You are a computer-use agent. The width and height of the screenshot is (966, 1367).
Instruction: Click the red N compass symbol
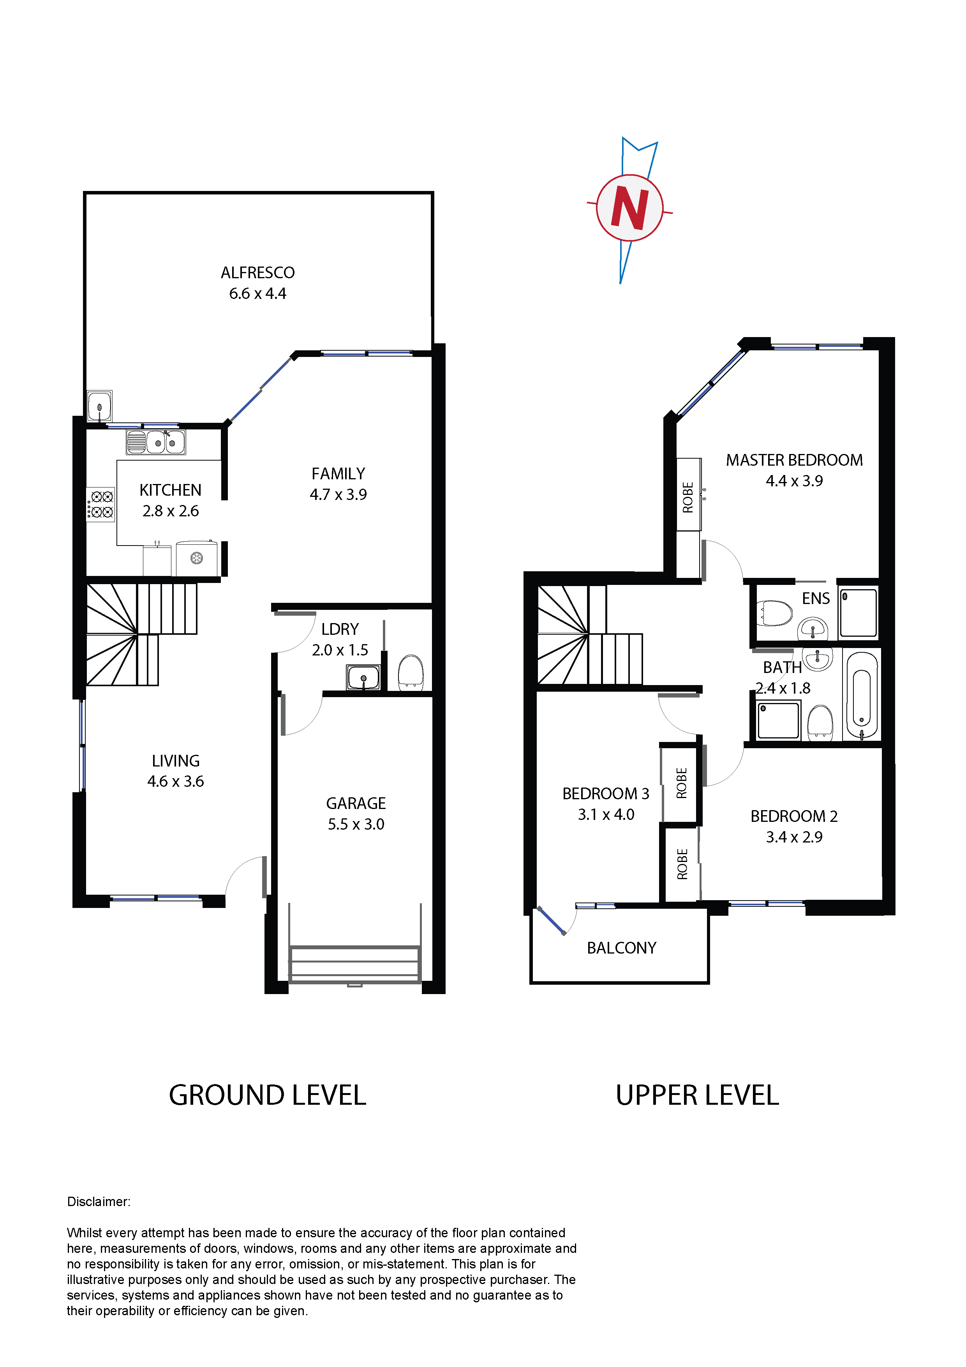click(x=630, y=208)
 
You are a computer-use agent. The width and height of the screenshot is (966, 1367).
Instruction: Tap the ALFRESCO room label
click(x=258, y=273)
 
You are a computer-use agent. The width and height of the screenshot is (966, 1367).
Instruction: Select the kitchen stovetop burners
click(x=100, y=504)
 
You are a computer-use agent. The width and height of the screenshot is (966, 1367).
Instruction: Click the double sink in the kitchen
click(x=156, y=442)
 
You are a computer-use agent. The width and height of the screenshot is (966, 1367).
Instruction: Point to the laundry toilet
click(x=410, y=671)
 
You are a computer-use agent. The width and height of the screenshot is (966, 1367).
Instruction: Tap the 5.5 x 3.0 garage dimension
click(x=356, y=824)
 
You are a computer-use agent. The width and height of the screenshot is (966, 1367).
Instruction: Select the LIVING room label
click(x=176, y=761)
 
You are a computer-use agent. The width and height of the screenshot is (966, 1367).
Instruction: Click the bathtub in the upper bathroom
click(x=861, y=696)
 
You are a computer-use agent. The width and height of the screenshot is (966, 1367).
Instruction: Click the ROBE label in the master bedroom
click(x=688, y=497)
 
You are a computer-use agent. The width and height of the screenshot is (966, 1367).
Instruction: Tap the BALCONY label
click(x=621, y=948)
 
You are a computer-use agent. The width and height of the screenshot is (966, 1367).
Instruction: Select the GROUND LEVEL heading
click(x=268, y=1095)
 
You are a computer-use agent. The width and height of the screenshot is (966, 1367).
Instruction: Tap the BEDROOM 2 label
click(x=794, y=816)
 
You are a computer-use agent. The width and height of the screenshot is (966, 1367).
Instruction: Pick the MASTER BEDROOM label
click(x=794, y=460)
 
